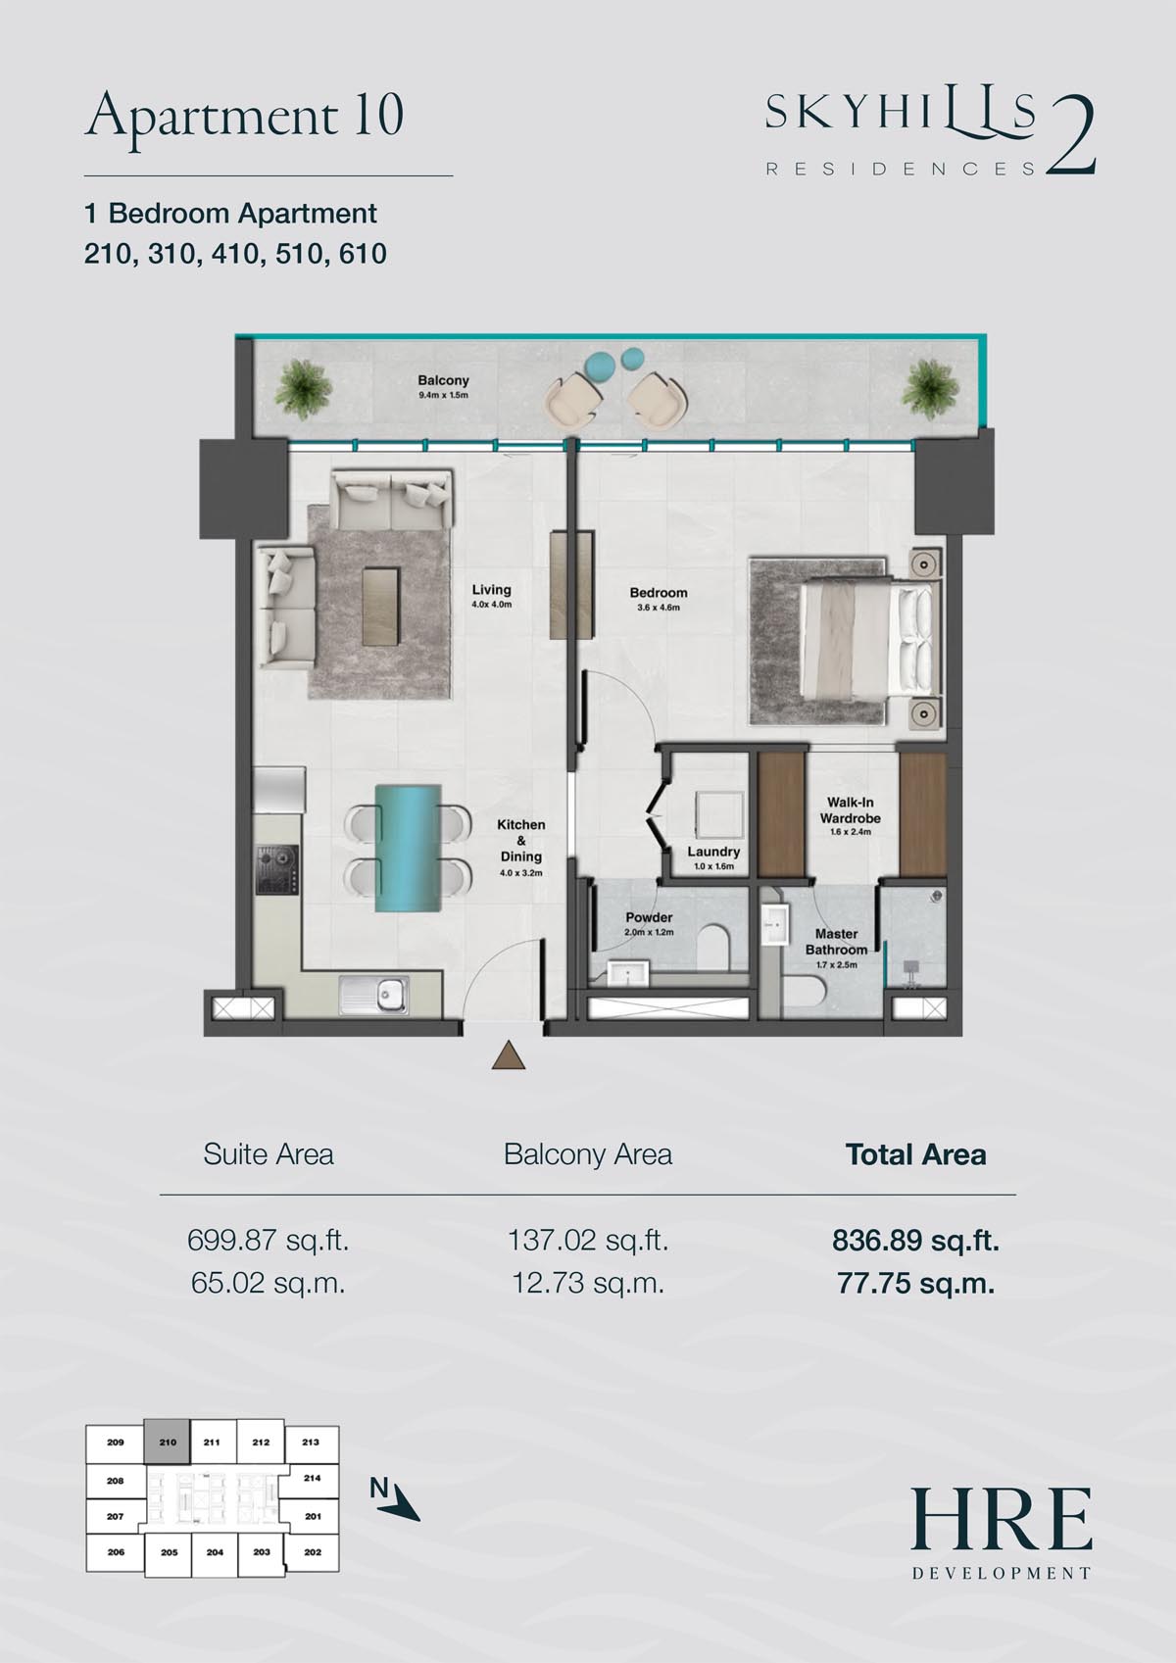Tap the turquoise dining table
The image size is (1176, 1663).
pyautogui.click(x=408, y=849)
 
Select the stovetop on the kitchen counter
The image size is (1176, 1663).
pyautogui.click(x=277, y=869)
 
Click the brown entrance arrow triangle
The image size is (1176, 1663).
pyautogui.click(x=509, y=1055)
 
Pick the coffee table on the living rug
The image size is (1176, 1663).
pyautogui.click(x=381, y=607)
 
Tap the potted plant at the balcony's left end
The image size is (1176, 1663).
pyautogui.click(x=302, y=388)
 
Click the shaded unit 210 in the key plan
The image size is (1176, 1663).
pyautogui.click(x=167, y=1442)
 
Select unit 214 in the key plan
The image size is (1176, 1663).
pyautogui.click(x=312, y=1478)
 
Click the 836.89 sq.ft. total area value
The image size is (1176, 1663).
pyautogui.click(x=915, y=1240)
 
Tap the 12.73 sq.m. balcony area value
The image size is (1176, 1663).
pyautogui.click(x=588, y=1283)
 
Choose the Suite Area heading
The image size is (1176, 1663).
pyautogui.click(x=268, y=1154)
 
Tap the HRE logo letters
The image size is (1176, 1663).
pyautogui.click(x=1002, y=1520)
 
